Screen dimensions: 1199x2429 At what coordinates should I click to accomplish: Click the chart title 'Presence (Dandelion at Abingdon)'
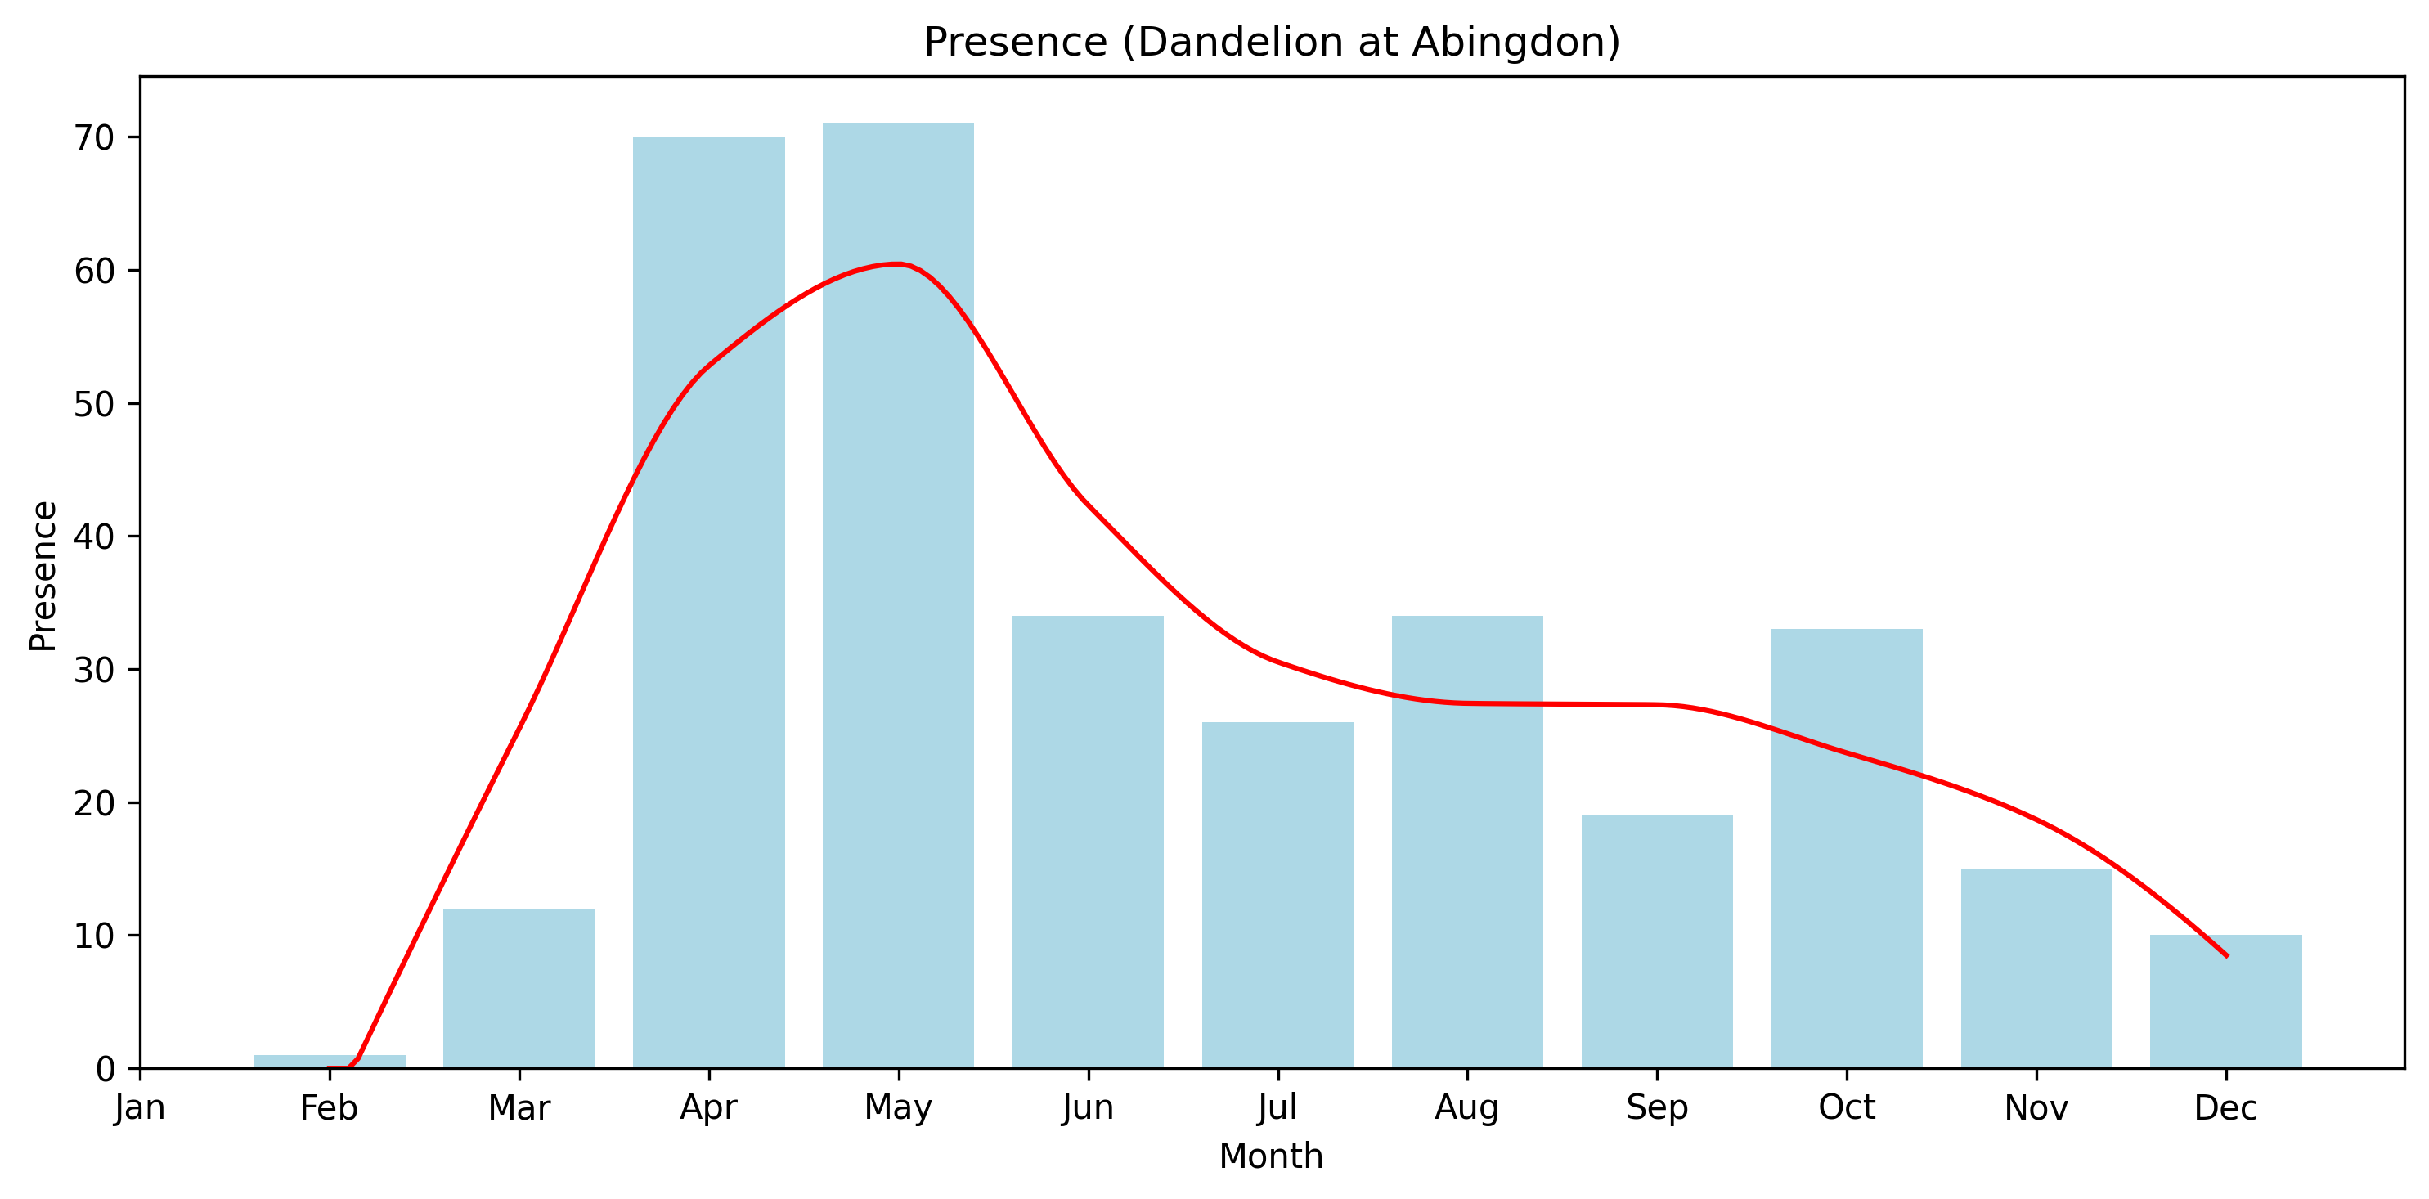1271,43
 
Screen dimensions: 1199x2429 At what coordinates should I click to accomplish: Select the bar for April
708,604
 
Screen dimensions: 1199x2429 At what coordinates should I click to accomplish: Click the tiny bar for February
329,1062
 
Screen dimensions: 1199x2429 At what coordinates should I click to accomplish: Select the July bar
1277,896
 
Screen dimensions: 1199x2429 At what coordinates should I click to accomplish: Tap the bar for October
1846,848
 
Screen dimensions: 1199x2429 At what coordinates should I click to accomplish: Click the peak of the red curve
898,264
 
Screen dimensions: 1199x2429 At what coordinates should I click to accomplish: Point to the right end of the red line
2226,956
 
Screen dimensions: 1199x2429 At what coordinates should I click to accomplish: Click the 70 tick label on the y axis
93,138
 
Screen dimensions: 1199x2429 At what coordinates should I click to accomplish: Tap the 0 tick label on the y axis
105,1069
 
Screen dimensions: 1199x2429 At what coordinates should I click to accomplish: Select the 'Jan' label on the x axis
140,1108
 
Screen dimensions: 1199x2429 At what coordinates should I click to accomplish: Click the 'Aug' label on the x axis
1466,1108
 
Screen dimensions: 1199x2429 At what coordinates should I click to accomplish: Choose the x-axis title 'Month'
1271,1156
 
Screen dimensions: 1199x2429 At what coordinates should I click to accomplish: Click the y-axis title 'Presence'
43,576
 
